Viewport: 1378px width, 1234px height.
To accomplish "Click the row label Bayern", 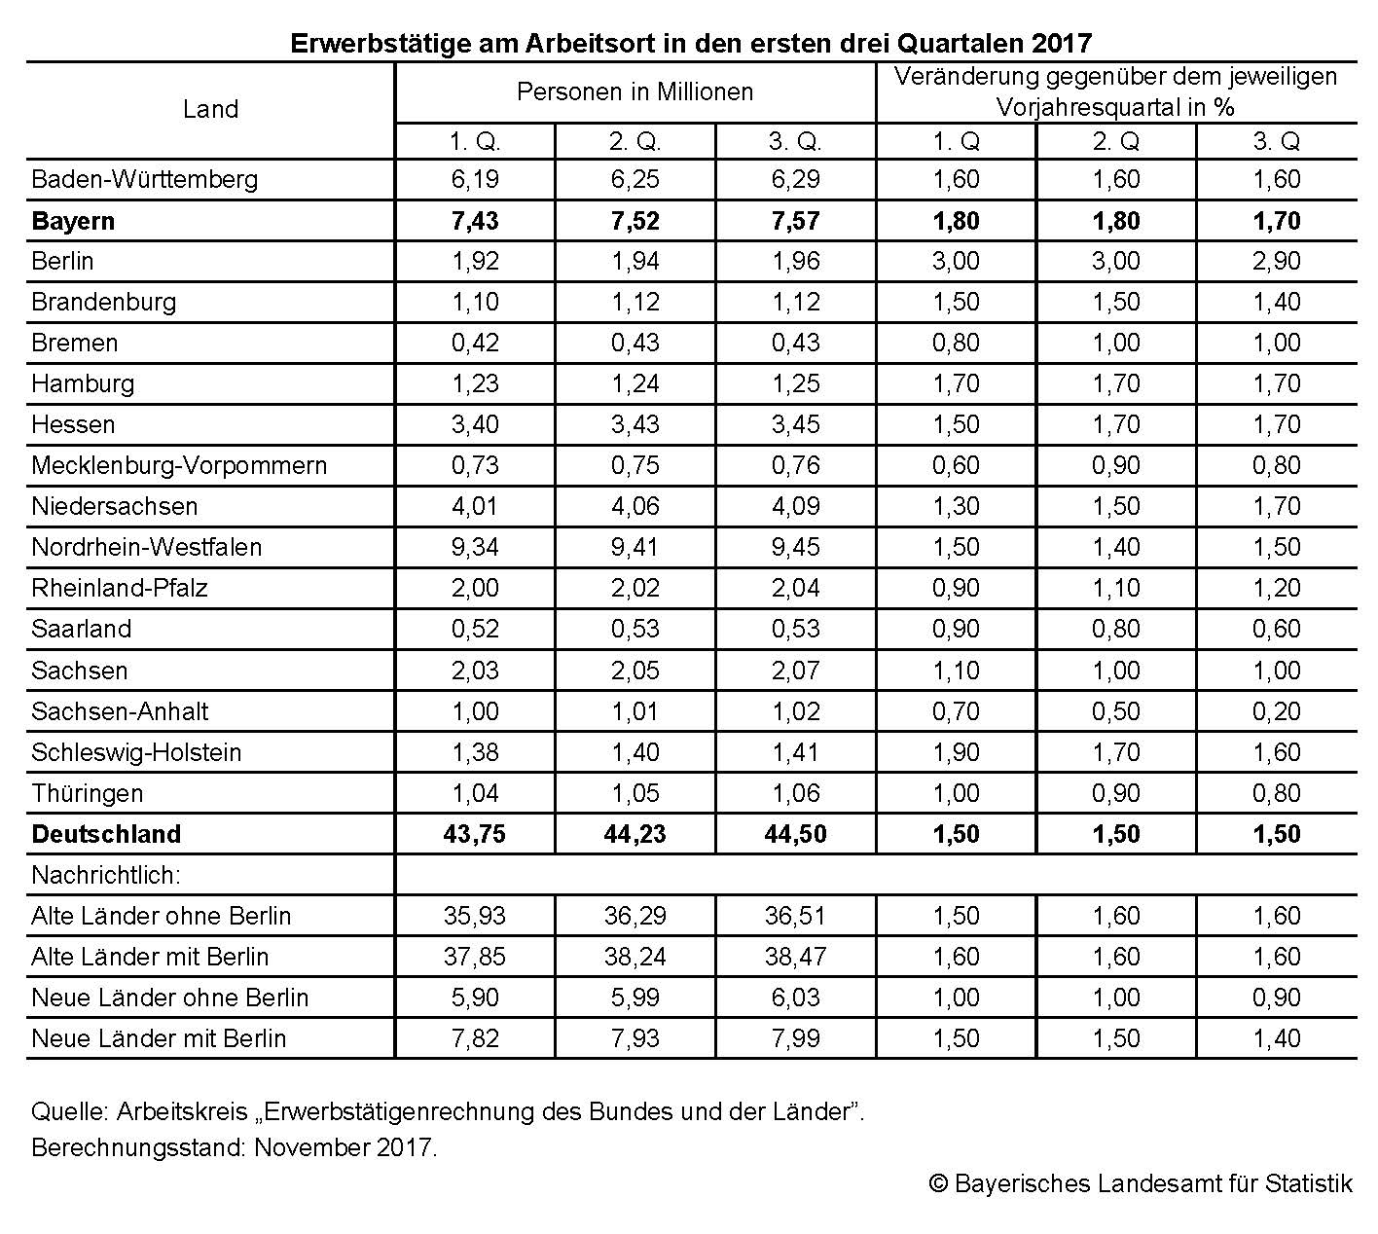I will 73,221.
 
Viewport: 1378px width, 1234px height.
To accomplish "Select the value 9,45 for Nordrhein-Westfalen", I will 795,547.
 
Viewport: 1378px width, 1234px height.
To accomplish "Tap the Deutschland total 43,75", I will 474,834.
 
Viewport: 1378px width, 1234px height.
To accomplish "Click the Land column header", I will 210,109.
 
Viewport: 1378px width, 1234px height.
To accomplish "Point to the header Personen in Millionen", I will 635,91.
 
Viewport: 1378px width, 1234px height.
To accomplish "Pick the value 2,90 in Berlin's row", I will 1276,261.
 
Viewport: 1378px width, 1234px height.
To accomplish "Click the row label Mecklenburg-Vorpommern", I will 179,465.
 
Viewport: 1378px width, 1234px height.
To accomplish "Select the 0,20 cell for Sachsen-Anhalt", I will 1276,711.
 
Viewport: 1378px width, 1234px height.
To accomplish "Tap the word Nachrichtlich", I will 106,875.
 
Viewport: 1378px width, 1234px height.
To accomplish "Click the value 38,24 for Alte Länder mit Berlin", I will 635,957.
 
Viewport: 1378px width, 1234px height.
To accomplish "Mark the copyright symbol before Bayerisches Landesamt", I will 938,1183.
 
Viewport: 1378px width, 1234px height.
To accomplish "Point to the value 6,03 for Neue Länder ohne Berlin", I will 795,998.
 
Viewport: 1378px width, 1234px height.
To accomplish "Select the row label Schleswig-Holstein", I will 136,752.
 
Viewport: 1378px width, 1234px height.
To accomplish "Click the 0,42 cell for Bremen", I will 474,343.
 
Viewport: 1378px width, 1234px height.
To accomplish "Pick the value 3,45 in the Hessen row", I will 795,424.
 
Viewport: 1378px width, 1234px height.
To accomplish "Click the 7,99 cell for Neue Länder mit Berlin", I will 795,1038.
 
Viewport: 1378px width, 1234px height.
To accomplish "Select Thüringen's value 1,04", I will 474,793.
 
